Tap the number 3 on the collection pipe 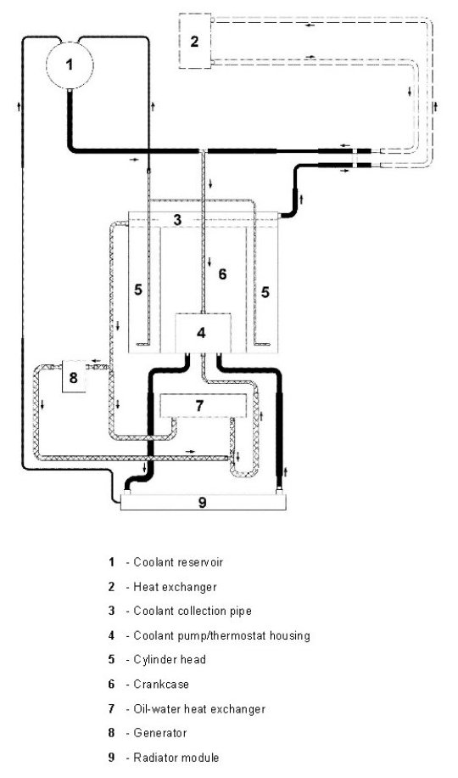click(177, 220)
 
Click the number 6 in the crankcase click(222, 273)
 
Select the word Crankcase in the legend click(161, 685)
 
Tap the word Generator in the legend click(159, 733)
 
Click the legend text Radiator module click(176, 758)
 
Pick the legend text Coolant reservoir click(178, 562)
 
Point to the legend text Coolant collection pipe click(193, 611)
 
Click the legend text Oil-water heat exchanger click(199, 709)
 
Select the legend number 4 click(111, 635)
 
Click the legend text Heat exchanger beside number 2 click(175, 587)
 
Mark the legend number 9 click(111, 758)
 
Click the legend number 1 click(111, 562)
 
